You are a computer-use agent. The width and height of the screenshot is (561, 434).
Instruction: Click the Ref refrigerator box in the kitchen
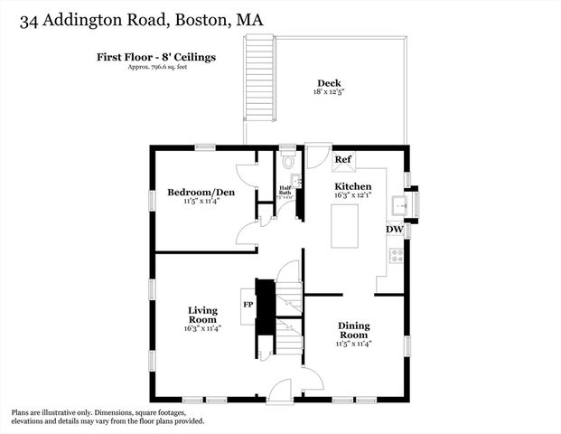343,160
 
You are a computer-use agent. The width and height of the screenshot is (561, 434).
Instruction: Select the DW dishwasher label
394,230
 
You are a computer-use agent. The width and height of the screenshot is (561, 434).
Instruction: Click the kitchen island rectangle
344,226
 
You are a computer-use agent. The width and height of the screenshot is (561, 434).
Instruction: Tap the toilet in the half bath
287,162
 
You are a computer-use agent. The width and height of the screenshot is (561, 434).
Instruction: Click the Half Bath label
284,190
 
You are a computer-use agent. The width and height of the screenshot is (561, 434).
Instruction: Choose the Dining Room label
353,330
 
